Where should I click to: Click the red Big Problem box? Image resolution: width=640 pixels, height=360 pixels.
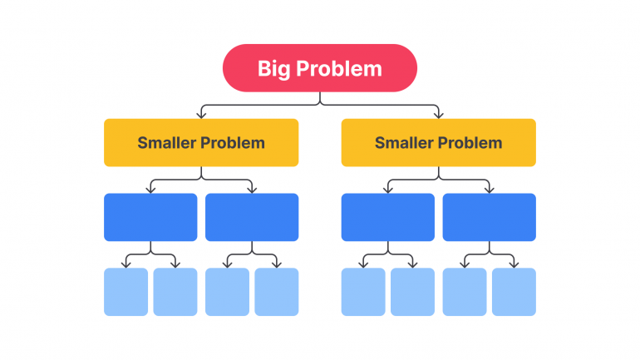tap(319, 67)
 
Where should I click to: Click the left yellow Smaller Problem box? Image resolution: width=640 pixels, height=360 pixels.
tap(200, 142)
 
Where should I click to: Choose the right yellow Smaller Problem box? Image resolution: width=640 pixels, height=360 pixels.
tap(438, 142)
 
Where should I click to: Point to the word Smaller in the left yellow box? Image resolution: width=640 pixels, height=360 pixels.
tap(166, 142)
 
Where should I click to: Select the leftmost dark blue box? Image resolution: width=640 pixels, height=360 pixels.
tap(150, 217)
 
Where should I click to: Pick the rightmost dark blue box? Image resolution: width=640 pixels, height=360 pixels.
tap(489, 217)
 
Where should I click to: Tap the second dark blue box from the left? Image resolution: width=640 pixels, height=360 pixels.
tap(251, 217)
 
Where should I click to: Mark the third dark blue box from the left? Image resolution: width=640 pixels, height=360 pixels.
tap(387, 217)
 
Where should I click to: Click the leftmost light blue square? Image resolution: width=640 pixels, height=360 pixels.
tap(126, 292)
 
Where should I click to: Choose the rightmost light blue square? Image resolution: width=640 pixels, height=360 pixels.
tap(514, 292)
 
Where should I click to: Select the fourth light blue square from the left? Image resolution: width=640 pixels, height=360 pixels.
tap(276, 292)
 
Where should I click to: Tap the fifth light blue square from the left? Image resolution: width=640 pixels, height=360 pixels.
tap(363, 292)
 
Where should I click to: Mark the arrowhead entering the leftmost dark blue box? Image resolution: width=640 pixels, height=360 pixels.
tap(150, 190)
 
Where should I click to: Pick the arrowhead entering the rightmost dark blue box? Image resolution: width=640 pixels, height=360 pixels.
tap(489, 190)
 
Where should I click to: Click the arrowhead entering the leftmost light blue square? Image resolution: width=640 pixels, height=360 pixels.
tap(126, 264)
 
